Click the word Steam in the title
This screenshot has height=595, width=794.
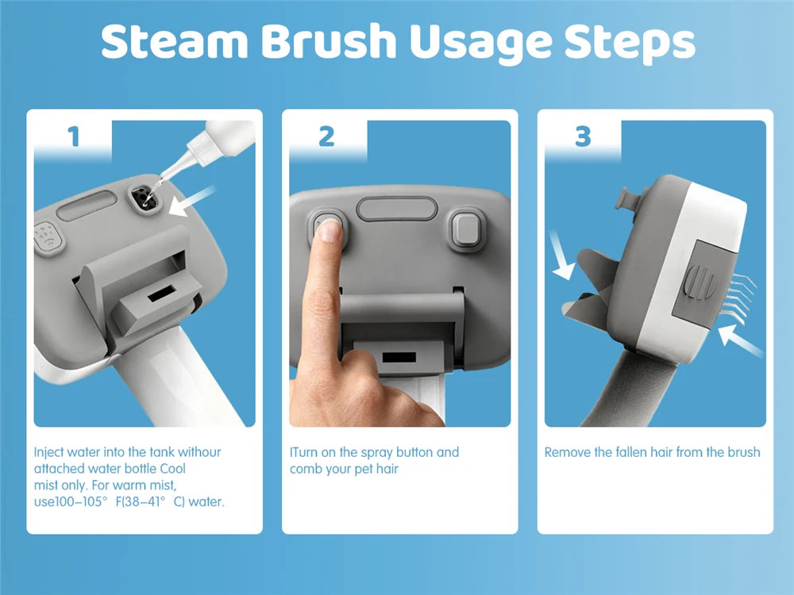click(175, 41)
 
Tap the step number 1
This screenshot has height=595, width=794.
click(74, 136)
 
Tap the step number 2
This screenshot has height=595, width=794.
click(326, 136)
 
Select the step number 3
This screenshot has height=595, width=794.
click(583, 136)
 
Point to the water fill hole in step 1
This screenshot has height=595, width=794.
click(145, 198)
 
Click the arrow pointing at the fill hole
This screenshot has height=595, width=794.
click(191, 202)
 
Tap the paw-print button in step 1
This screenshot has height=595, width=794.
click(48, 237)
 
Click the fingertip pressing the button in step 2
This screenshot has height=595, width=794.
click(330, 231)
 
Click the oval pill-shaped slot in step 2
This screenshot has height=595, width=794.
click(397, 209)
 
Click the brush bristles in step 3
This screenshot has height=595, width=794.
click(736, 298)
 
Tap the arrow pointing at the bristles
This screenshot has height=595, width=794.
click(740, 340)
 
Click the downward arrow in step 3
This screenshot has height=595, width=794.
click(562, 255)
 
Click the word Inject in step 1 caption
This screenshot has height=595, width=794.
click(49, 452)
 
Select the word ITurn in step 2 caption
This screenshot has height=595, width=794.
click(304, 452)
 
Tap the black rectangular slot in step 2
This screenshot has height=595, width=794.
click(399, 357)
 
